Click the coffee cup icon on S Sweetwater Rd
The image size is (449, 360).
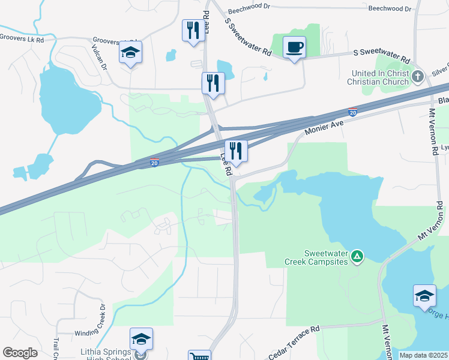coord(294,47)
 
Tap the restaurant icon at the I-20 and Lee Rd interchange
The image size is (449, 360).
coord(236,151)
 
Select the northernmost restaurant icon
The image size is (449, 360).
coord(193,31)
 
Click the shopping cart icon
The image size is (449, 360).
coord(199,356)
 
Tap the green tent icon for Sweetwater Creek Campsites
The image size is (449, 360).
coord(357,257)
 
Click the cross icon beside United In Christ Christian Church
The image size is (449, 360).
coord(418,77)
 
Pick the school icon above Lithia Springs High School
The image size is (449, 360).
coord(141,339)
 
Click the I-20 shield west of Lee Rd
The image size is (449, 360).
coord(154,162)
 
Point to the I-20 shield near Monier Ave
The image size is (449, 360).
coord(353,112)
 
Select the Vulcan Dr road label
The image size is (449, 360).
coord(99,58)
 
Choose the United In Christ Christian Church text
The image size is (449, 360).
coord(381,77)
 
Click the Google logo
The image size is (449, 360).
coord(20,353)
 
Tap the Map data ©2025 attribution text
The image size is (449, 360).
coord(423,355)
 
